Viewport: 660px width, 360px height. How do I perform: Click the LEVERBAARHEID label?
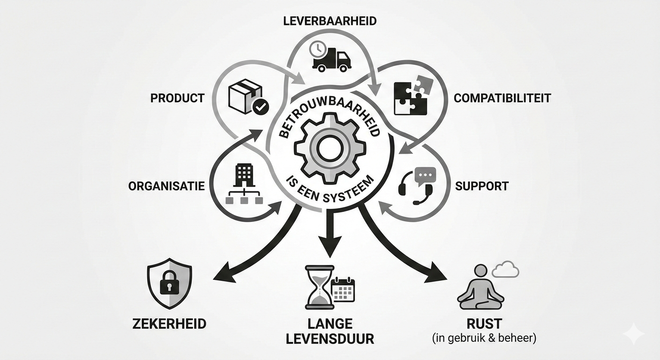point(330,21)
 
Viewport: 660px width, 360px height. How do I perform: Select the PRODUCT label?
point(177,98)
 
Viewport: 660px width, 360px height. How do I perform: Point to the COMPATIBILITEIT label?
point(502,98)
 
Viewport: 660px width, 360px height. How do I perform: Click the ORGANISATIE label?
point(166,186)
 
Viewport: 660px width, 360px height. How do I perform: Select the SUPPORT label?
point(482,186)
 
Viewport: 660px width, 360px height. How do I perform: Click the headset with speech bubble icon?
point(416,186)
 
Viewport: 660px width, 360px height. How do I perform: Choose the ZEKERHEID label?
point(169,324)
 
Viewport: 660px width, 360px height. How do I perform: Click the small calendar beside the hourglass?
point(343,290)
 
